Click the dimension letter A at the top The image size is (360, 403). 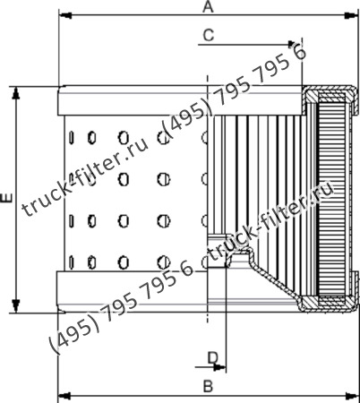point(207,7)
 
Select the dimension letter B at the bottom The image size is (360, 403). point(207,386)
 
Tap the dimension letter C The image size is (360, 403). point(208,35)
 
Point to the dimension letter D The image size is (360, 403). point(213,357)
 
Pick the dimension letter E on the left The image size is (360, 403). point(7,199)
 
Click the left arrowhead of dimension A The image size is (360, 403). point(63,16)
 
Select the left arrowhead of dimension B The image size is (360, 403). point(63,394)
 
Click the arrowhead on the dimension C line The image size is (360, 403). point(294,42)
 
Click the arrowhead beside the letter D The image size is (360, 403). point(220,366)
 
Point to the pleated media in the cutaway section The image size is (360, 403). point(260,170)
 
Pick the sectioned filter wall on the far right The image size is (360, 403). point(331,197)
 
